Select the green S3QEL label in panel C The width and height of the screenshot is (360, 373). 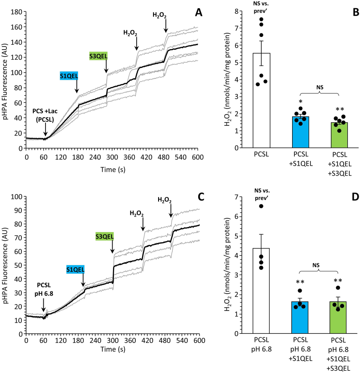coord(105,236)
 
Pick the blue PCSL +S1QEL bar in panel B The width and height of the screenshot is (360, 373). coord(301,132)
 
